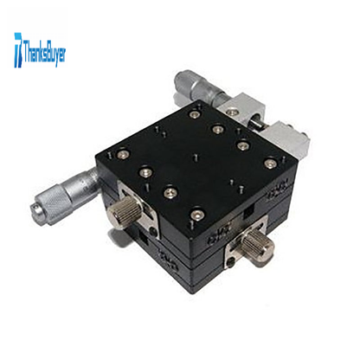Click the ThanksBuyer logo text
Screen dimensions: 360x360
[x=45, y=53]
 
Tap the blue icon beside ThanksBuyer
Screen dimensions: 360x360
[x=18, y=50]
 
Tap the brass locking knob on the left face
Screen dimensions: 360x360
[x=124, y=214]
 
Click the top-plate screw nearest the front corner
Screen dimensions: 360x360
[x=197, y=215]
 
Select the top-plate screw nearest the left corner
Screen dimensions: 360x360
[x=121, y=154]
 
